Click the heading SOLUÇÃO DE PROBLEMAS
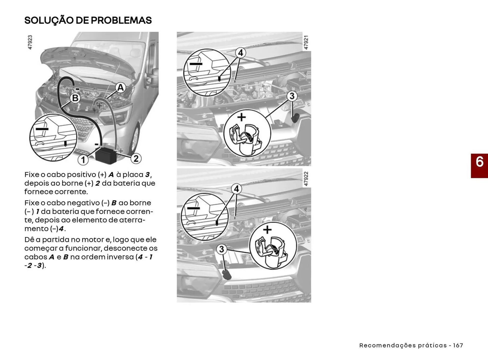88,20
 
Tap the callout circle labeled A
120,88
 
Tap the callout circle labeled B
75,98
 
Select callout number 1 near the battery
83,160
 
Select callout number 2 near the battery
136,159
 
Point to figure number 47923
30,42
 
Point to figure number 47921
306,42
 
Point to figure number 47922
306,179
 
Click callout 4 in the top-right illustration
240,53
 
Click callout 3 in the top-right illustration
292,96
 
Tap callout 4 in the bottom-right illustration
236,189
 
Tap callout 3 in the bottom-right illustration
222,249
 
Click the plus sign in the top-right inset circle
241,117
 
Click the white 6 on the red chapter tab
479,162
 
